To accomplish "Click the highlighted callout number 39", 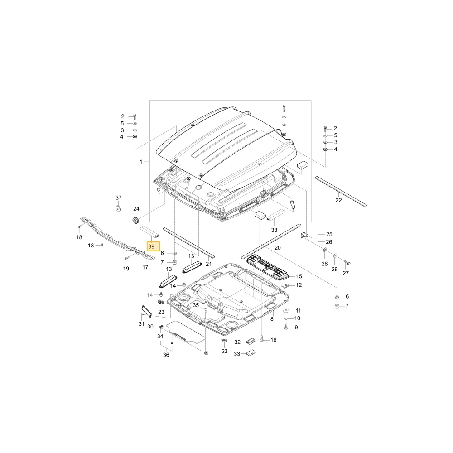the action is click(151, 247).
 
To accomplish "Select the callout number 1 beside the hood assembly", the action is click(141, 162).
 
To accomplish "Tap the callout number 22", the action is click(338, 200).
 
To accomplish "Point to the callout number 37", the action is click(119, 198).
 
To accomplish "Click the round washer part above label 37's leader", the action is click(118, 208).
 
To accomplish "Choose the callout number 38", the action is click(274, 230).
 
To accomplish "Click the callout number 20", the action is click(278, 248).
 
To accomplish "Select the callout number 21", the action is click(209, 264).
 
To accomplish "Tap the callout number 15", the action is click(299, 276).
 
